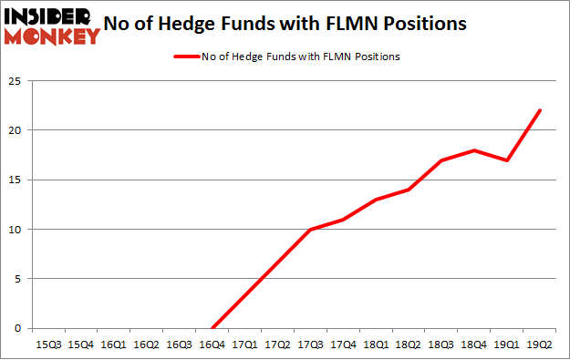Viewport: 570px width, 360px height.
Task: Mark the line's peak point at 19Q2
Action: coord(541,110)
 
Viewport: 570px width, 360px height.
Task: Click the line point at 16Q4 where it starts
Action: coord(212,328)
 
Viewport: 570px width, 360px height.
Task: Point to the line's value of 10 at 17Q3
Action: coord(311,230)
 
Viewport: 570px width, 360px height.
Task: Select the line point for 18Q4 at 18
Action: coord(475,150)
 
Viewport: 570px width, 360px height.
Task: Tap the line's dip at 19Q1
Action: coord(508,160)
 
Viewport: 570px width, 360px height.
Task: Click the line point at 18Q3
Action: coord(442,160)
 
